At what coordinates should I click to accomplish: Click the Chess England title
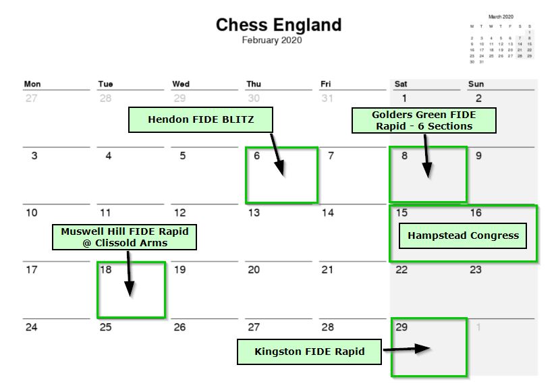[278, 26]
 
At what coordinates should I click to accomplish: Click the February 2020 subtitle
[272, 40]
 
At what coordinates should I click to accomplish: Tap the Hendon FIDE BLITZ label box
[200, 120]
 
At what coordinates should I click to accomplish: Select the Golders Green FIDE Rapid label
[424, 120]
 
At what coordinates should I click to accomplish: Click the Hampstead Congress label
[463, 236]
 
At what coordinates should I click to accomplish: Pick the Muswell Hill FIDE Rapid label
[125, 237]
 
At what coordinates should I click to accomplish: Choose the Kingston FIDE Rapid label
[309, 352]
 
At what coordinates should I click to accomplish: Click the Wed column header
[181, 84]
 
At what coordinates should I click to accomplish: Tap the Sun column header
[476, 84]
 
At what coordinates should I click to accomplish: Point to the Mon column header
[32, 84]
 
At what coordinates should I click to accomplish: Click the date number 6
[256, 156]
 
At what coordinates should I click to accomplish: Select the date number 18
[106, 270]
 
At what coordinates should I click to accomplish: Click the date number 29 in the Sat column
[402, 327]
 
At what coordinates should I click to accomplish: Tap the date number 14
[327, 213]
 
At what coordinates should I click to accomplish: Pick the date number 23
[476, 270]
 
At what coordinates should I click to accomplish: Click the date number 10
[32, 213]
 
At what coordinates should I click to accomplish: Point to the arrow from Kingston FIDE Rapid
[407, 350]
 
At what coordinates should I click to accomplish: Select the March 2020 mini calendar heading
[500, 16]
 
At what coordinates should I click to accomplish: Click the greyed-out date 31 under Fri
[327, 99]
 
